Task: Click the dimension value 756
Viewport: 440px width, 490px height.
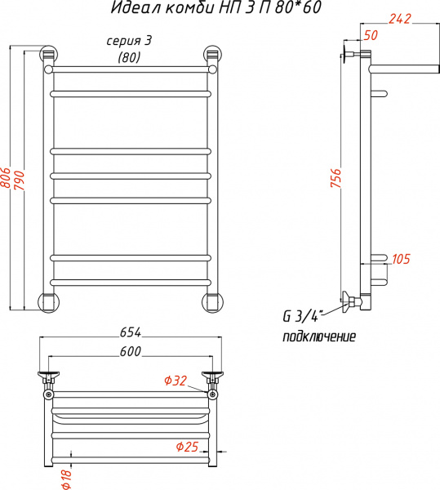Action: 336,179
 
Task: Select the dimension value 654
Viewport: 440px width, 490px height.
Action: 131,332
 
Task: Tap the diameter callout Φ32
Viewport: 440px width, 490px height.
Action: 176,379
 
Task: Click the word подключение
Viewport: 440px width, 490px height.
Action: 320,336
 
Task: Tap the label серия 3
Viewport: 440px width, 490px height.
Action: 130,41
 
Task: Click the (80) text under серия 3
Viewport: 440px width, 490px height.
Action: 129,57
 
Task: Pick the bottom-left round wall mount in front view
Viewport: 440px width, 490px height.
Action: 50,301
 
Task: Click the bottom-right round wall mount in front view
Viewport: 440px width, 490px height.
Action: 212,301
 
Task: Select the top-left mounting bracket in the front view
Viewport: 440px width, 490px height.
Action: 49,57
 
